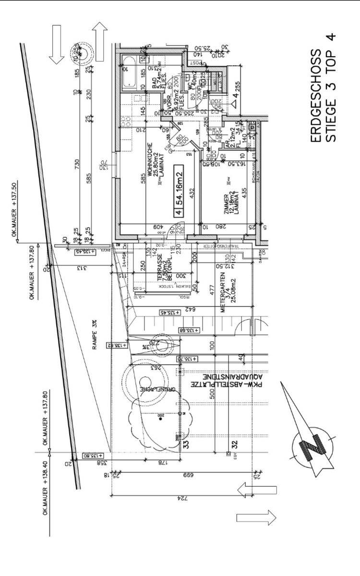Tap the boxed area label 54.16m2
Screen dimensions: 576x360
coord(178,191)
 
